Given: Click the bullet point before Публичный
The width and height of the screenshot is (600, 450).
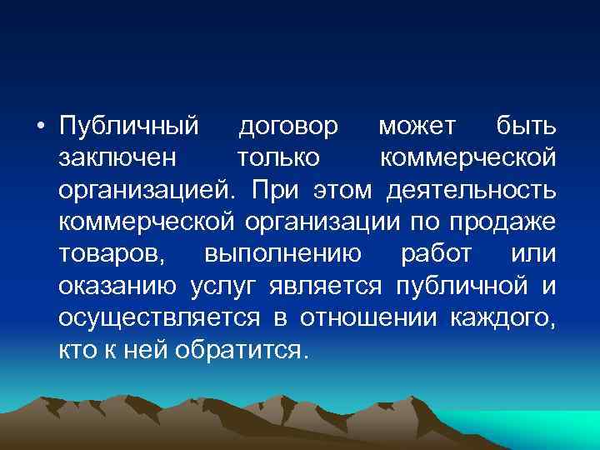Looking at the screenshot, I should (x=38, y=127).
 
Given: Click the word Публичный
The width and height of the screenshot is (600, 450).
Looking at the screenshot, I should (x=129, y=127).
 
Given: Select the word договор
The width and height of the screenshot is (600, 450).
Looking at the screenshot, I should (x=288, y=127).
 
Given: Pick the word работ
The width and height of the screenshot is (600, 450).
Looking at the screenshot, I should (x=436, y=253).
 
